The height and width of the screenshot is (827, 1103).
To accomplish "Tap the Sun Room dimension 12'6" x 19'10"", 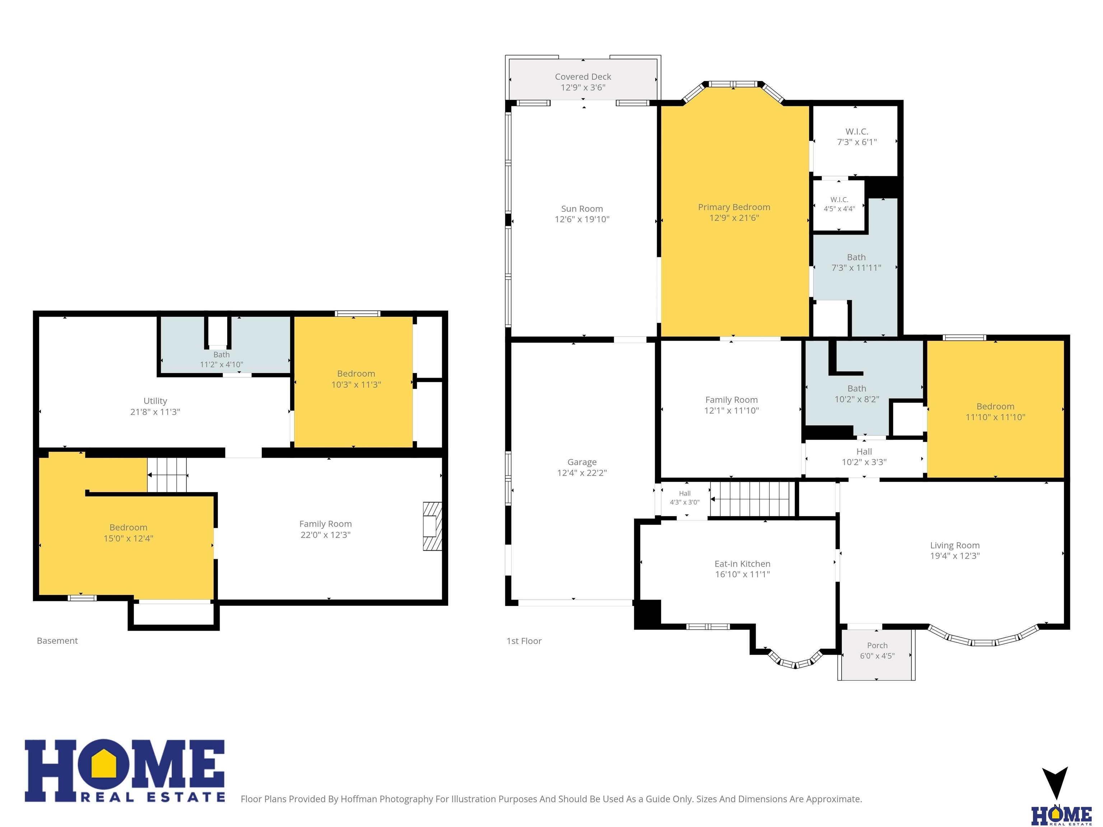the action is pos(582,219).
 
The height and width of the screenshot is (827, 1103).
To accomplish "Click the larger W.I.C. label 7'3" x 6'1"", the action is pos(857,137).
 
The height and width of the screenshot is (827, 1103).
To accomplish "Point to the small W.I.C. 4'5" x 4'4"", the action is pos(839,204).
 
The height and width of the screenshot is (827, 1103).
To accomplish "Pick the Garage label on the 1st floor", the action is pos(582,462).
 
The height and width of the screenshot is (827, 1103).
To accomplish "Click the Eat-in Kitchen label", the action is pos(743,564).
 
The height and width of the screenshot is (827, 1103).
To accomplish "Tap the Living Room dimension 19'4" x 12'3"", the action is pos(955,556).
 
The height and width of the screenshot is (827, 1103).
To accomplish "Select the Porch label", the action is pos(877,645).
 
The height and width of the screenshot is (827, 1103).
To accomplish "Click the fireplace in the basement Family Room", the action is pos(432,526).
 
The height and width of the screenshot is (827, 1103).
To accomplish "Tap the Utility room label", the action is pos(155,401).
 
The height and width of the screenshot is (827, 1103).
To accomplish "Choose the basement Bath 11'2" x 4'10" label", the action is pos(222,359).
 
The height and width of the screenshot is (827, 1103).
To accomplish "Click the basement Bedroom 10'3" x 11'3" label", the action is pos(356,379).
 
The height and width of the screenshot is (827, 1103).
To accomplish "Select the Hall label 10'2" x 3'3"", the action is pos(864,457).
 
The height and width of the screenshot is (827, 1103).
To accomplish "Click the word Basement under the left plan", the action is pos(57,641).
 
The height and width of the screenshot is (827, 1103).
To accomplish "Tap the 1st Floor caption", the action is pos(524,641).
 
